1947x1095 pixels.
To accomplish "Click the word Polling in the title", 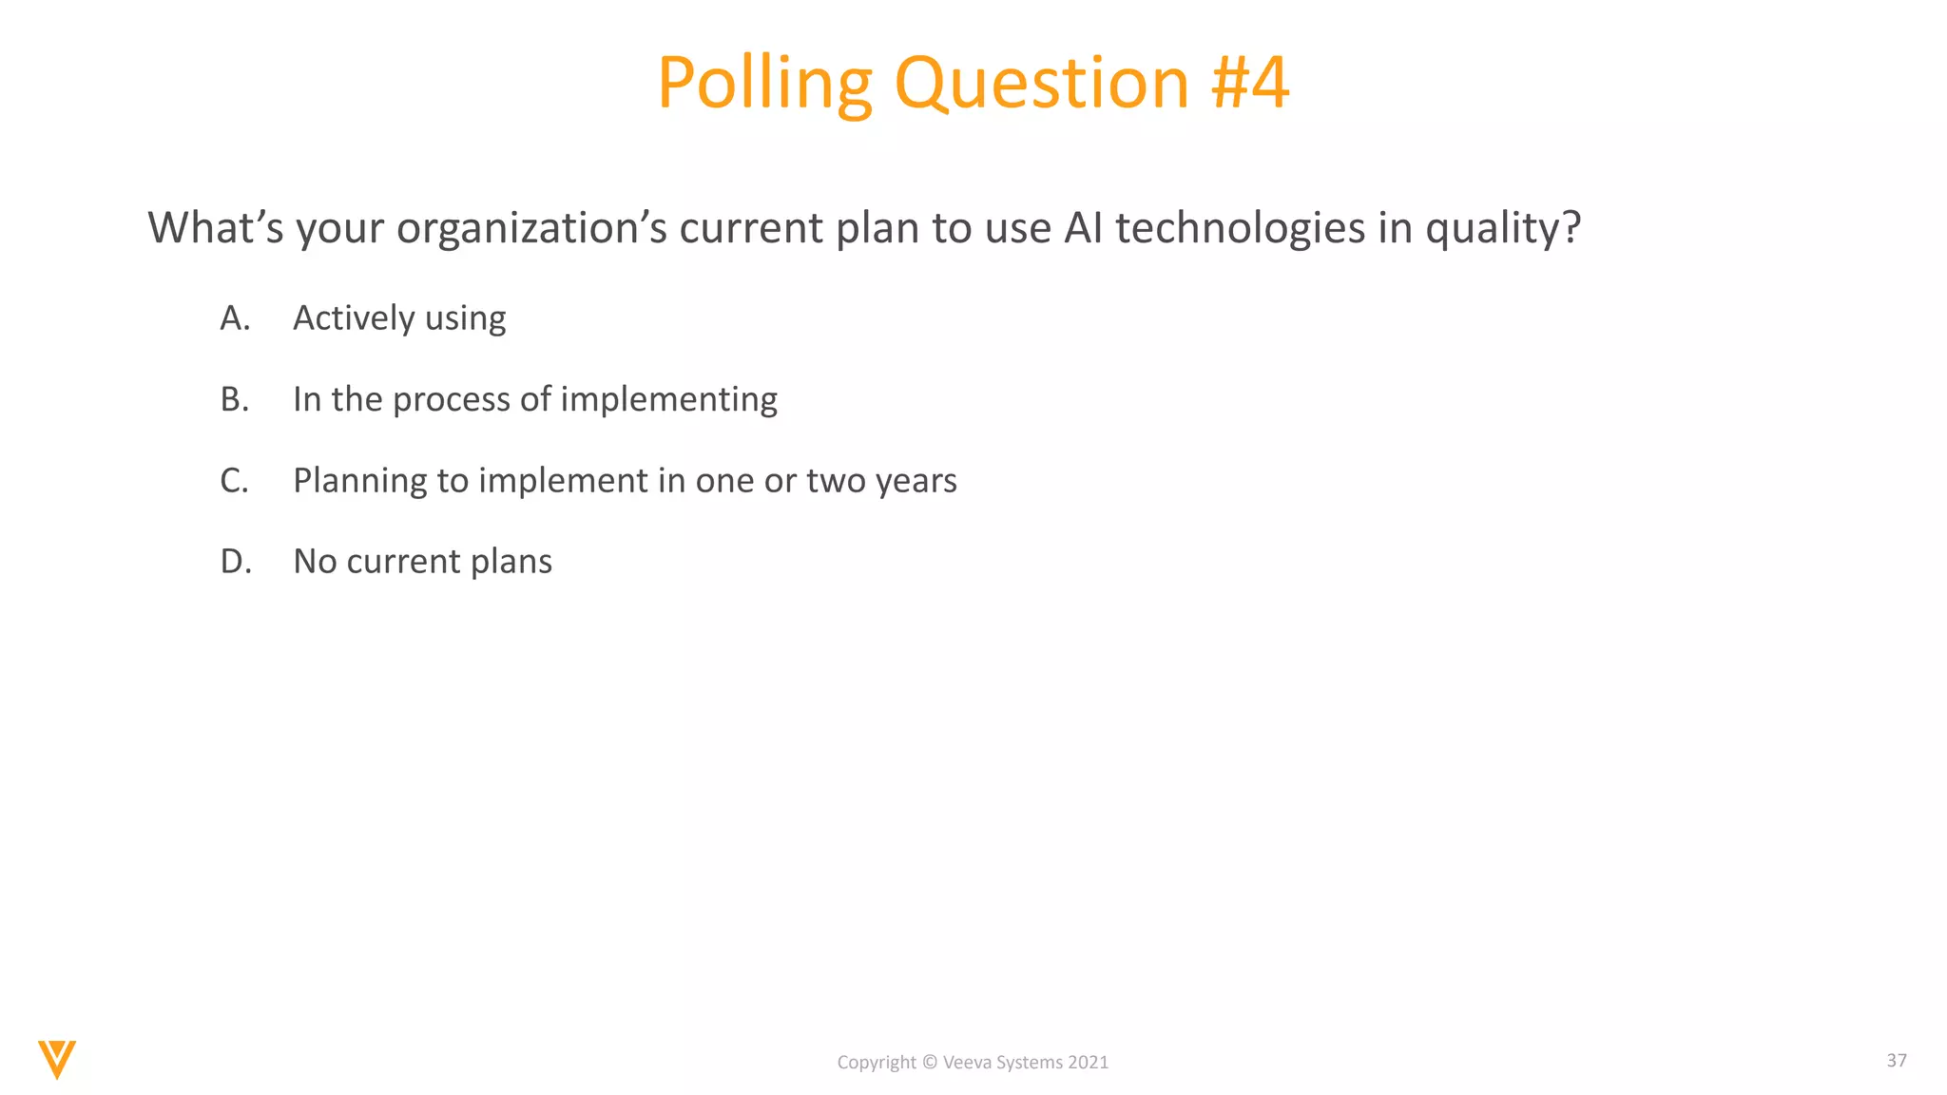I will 763,84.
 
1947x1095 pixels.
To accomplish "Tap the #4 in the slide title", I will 1249,84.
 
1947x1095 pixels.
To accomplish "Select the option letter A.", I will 234,318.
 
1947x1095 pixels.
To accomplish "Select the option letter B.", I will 234,399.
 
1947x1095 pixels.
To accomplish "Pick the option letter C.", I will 234,481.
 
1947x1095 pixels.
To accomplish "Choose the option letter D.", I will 235,562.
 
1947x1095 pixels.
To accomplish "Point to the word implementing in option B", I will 668,400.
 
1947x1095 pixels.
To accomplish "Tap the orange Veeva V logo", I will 57,1059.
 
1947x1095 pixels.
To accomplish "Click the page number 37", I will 1896,1060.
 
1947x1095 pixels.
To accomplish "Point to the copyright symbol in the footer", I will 930,1063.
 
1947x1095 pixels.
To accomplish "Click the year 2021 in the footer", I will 1088,1063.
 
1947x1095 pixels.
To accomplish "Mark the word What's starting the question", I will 215,228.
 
